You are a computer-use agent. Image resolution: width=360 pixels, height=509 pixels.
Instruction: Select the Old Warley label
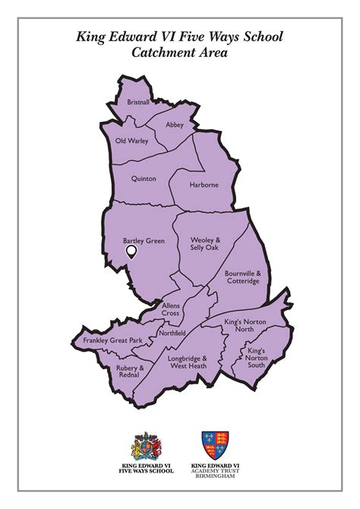[x=131, y=141]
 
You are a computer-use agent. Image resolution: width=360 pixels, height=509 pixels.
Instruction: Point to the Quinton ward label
[x=144, y=178]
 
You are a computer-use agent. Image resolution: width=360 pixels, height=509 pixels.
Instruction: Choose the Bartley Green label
[x=144, y=242]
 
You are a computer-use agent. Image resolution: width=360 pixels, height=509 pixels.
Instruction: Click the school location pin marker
[x=131, y=251]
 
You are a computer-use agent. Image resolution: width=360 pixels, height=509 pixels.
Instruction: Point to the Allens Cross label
[x=171, y=308]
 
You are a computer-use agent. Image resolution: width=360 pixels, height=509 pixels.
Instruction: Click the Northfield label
[x=172, y=333]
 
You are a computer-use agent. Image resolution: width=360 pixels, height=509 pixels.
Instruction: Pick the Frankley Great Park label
[x=112, y=340]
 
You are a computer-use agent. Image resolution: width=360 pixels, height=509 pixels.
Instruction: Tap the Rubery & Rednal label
[x=131, y=371]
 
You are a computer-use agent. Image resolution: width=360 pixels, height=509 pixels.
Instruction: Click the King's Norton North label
[x=239, y=326]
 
